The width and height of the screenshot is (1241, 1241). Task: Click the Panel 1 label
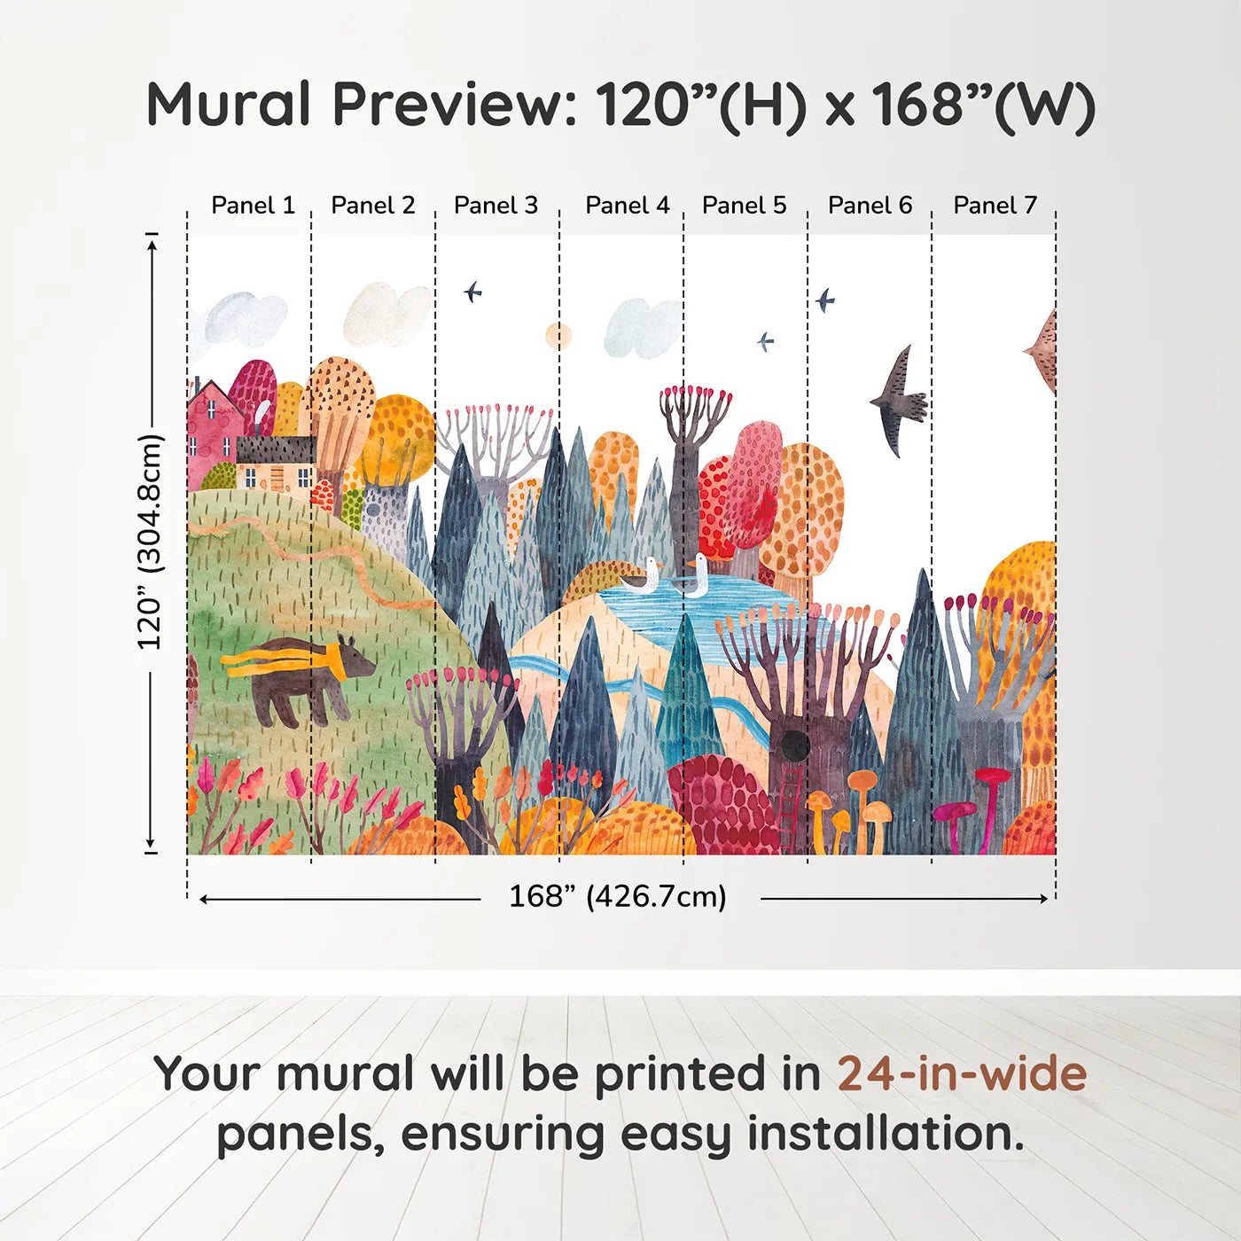point(253,206)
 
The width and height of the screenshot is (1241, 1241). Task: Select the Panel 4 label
point(627,206)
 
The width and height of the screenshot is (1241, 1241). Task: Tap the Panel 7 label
point(995,206)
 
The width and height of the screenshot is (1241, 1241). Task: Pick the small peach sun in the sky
point(558,336)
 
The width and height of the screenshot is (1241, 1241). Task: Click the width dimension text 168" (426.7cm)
point(617,897)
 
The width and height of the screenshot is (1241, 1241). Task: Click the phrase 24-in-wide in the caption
point(962,1074)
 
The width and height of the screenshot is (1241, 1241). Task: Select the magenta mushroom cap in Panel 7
point(991,775)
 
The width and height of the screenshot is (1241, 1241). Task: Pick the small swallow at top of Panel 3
point(472,291)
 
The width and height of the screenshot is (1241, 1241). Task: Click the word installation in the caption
point(886,1134)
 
